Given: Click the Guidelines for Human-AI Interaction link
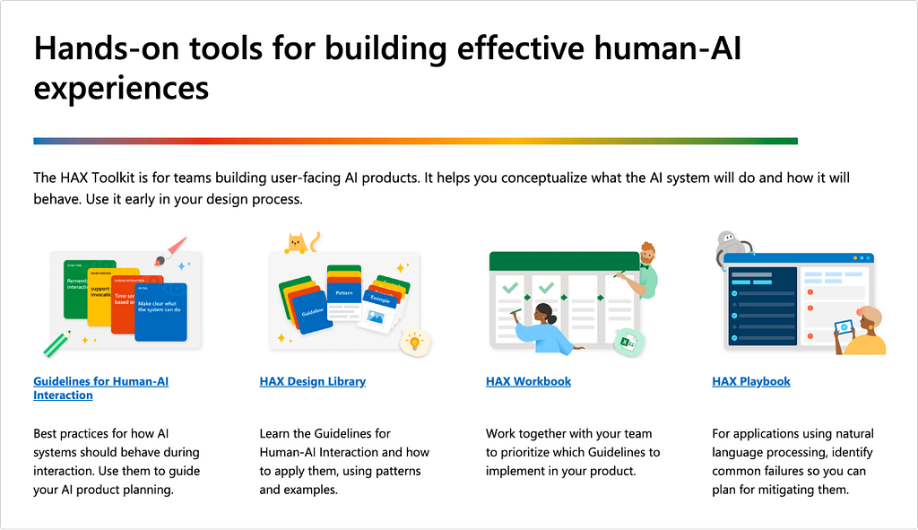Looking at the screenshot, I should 100,382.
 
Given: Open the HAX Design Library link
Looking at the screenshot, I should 312,381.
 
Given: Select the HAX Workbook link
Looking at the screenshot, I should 528,381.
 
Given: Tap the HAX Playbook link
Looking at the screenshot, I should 750,381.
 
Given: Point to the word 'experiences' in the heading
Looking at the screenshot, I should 121,88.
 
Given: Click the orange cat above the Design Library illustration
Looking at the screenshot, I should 295,242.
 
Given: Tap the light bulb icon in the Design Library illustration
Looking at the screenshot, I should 414,341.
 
